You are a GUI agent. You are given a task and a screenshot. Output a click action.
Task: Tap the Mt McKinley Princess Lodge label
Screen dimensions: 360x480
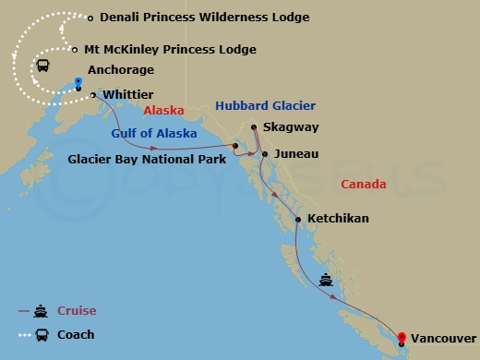tap(183, 50)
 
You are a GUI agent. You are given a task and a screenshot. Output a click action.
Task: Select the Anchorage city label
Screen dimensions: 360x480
tap(120, 70)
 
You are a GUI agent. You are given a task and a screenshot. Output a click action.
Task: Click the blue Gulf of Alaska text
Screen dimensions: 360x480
tap(154, 133)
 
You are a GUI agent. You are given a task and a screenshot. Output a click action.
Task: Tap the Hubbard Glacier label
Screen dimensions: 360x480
tap(265, 106)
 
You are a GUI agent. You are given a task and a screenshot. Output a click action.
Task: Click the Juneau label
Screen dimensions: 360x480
tap(296, 153)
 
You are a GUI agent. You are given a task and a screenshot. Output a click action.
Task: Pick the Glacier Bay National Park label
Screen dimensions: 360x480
tap(146, 158)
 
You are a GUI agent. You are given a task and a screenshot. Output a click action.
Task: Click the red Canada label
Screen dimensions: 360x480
tap(363, 185)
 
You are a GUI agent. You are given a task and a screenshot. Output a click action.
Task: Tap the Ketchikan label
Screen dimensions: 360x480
tap(338, 219)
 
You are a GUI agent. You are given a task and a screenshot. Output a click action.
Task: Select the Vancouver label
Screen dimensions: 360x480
tap(444, 339)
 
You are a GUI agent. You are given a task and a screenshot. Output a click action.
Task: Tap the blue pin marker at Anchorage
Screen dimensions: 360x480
tap(78, 83)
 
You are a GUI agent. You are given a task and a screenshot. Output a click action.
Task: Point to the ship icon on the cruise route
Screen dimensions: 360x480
tap(326, 278)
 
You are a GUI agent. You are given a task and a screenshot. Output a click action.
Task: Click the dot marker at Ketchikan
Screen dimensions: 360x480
tap(297, 219)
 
